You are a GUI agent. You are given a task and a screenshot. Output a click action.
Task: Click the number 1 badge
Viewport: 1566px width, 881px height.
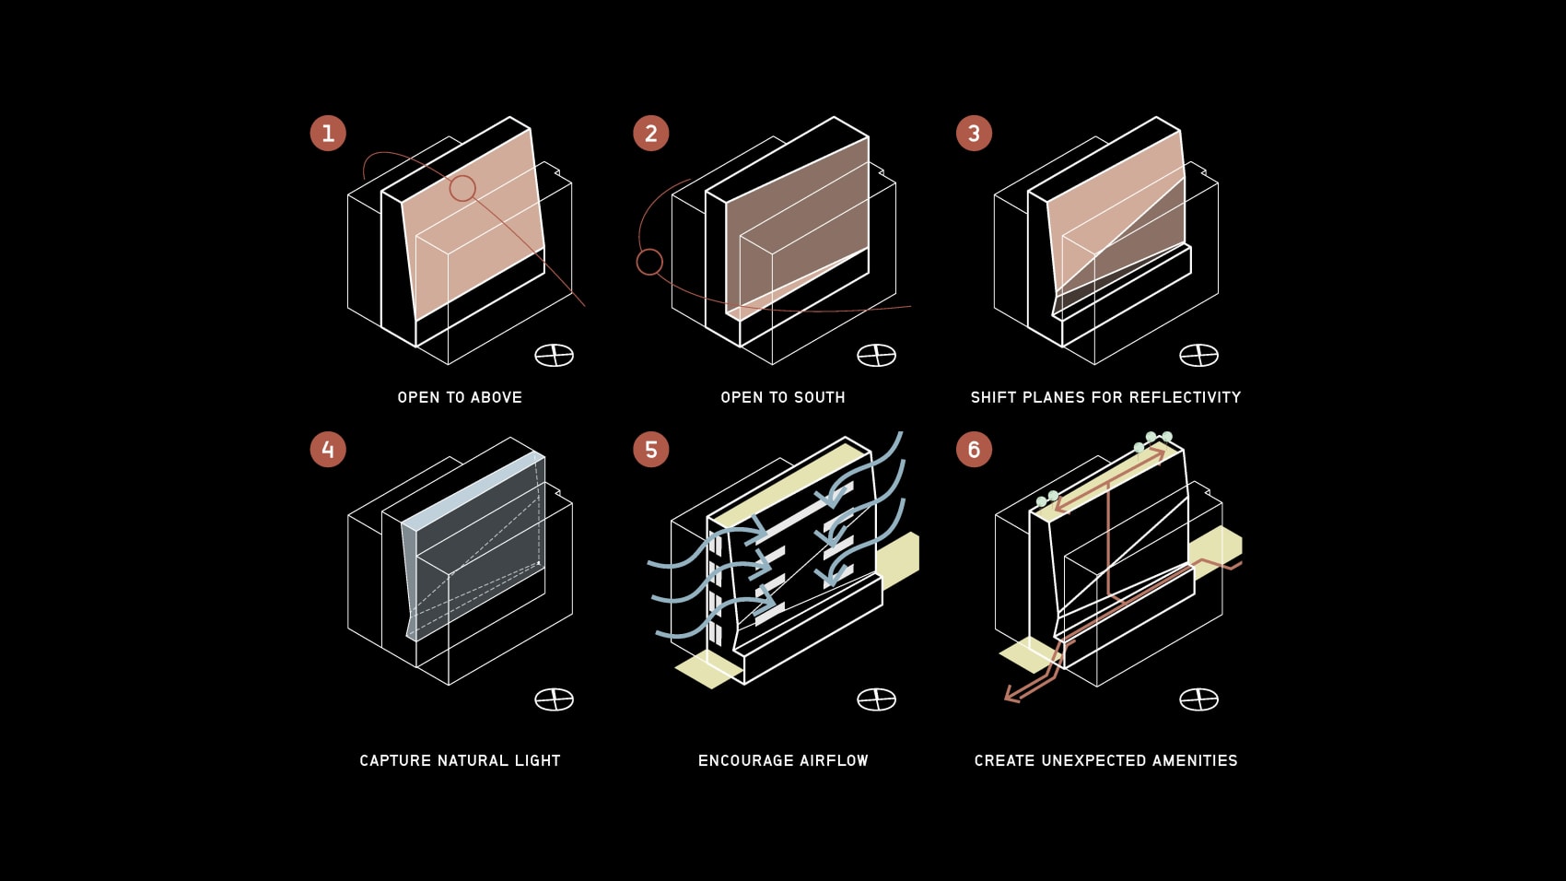point(328,133)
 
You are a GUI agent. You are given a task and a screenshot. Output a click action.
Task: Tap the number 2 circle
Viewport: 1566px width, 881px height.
point(650,133)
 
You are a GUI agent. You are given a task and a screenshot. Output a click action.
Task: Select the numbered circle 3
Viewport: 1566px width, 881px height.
point(974,133)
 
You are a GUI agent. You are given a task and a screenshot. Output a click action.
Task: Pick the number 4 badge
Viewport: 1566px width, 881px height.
point(328,450)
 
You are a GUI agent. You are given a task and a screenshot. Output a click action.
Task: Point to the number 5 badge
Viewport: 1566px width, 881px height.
point(650,450)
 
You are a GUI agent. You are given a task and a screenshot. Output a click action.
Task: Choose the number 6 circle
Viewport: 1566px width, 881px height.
point(974,450)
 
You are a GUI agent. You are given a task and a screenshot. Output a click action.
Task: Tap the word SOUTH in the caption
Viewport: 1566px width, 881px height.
point(819,397)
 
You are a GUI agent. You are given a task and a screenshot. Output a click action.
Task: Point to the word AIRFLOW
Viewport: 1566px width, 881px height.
point(834,760)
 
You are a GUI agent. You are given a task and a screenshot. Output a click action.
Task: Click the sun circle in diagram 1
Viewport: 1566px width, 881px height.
point(462,189)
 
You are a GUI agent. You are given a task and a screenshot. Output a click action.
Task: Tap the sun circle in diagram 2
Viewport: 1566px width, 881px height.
point(649,262)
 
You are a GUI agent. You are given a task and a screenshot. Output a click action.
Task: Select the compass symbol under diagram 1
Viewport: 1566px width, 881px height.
point(555,355)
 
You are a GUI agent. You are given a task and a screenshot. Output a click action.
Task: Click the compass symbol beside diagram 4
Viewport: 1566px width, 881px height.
point(555,699)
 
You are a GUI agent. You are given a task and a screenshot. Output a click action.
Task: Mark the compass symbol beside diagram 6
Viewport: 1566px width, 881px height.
point(1199,699)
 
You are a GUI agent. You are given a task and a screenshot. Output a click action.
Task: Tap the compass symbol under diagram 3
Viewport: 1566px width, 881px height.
point(1199,355)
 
